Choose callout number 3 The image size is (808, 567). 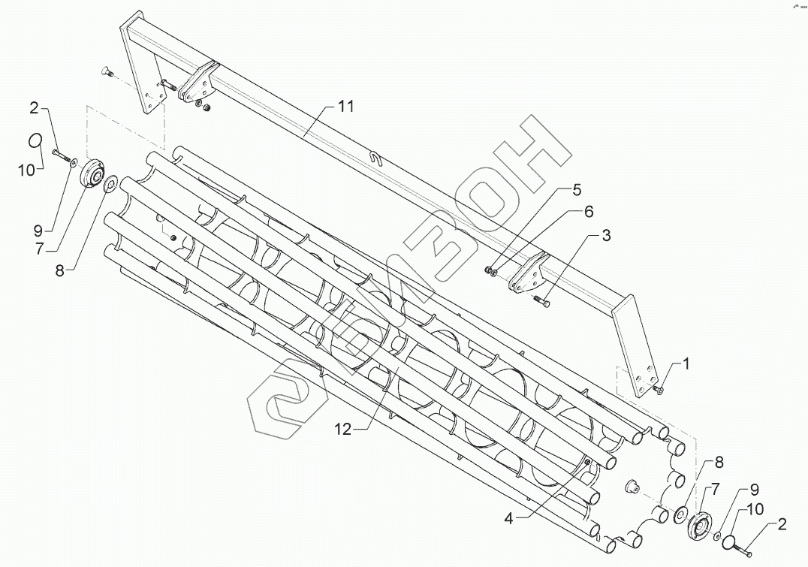click(x=605, y=235)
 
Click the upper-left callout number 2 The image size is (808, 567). click(x=33, y=110)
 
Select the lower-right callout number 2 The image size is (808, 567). click(x=782, y=525)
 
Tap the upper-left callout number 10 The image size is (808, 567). click(x=27, y=170)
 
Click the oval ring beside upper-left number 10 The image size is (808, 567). click(x=34, y=140)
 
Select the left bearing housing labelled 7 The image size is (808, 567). click(x=92, y=176)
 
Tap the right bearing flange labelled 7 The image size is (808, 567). click(x=700, y=524)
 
